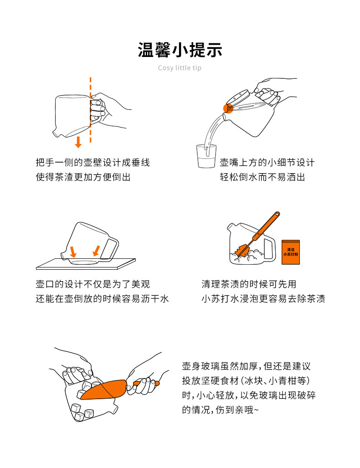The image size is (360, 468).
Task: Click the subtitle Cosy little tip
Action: point(180,68)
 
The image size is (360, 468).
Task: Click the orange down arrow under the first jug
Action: point(78,142)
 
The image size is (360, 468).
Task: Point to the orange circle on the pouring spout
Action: point(228,108)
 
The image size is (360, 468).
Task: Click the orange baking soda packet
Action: point(290,252)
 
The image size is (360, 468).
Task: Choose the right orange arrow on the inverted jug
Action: point(96,250)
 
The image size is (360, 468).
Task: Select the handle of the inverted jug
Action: point(110,248)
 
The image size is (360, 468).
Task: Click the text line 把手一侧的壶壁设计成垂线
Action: point(93,163)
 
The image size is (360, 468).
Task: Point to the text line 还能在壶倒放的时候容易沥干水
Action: point(102,299)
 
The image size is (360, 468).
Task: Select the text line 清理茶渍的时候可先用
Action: point(249,284)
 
